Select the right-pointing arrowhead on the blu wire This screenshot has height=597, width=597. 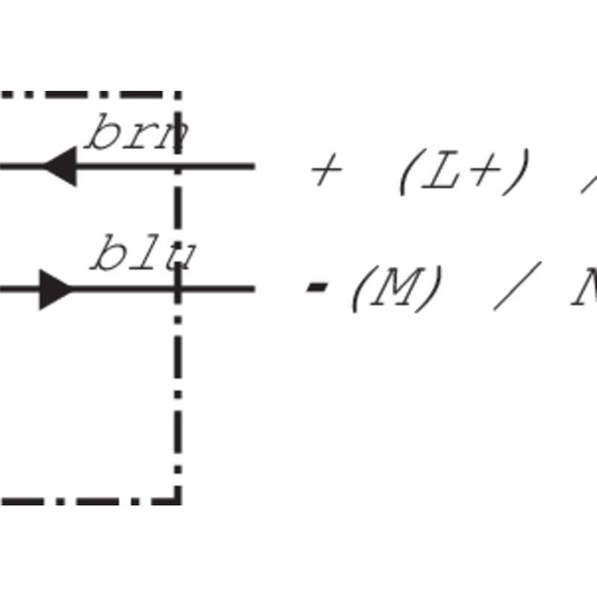pyautogui.click(x=57, y=289)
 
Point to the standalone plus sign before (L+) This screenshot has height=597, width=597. pyautogui.click(x=325, y=172)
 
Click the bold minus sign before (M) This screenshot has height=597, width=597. pyautogui.click(x=318, y=287)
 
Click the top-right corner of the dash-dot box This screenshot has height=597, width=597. pyautogui.click(x=178, y=95)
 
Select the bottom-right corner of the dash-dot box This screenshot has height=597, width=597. pyautogui.click(x=178, y=500)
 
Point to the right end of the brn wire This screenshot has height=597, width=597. pyautogui.click(x=254, y=166)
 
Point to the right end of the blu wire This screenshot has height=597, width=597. pyautogui.click(x=254, y=288)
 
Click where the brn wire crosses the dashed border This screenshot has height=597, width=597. pyautogui.click(x=178, y=166)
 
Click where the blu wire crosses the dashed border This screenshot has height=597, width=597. pyautogui.click(x=178, y=288)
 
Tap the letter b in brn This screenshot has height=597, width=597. pyautogui.click(x=100, y=134)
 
